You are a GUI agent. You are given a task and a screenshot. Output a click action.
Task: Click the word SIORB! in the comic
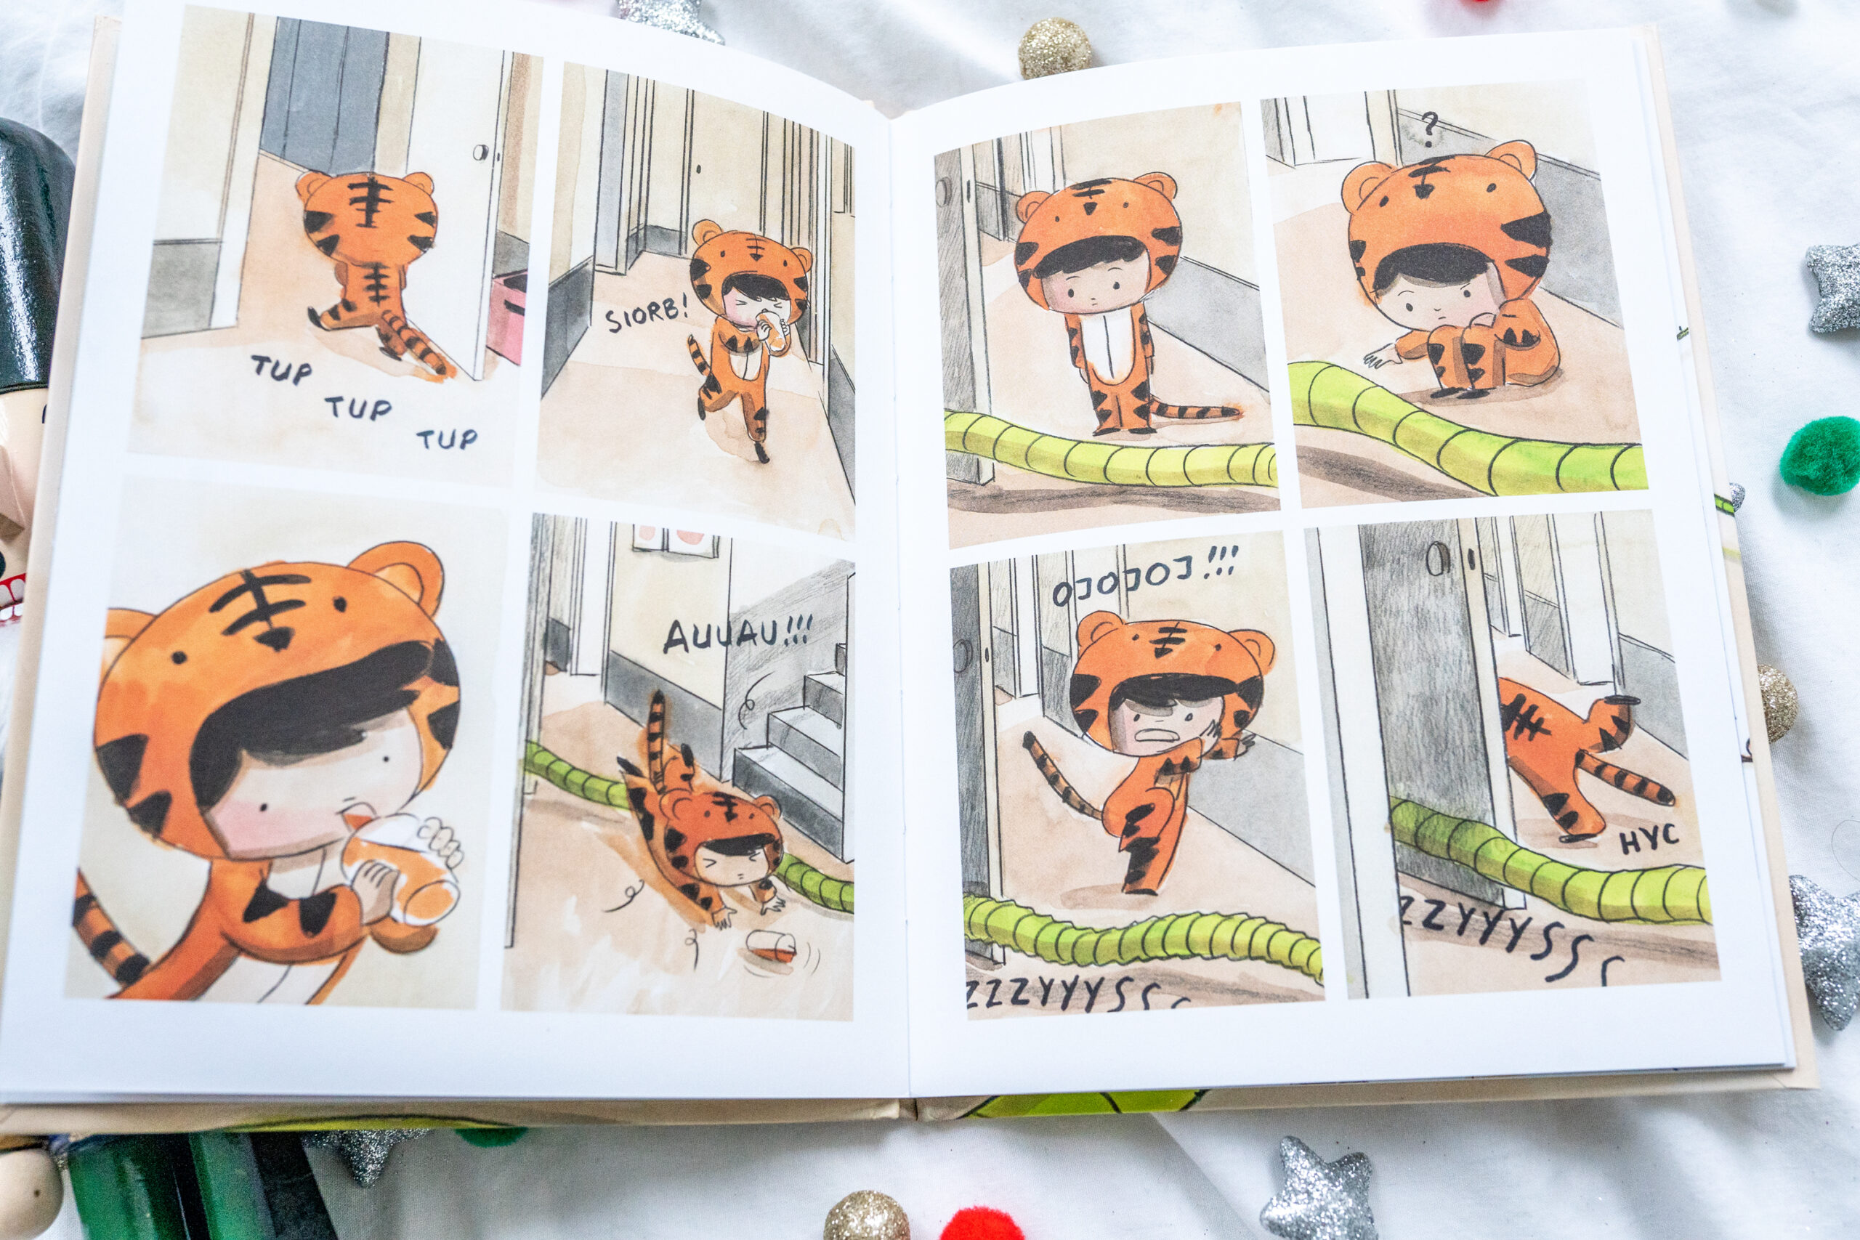(x=646, y=314)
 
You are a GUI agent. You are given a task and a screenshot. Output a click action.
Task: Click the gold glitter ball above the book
(x=1054, y=47)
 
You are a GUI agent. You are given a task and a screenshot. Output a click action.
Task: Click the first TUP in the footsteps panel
(x=280, y=368)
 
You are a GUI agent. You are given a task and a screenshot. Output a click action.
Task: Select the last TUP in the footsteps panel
(x=447, y=438)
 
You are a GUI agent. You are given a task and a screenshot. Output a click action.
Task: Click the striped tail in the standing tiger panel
(x=1194, y=410)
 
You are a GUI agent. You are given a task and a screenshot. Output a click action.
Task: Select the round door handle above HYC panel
(x=1436, y=559)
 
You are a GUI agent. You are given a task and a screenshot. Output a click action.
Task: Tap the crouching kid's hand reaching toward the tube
(x=1381, y=358)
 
